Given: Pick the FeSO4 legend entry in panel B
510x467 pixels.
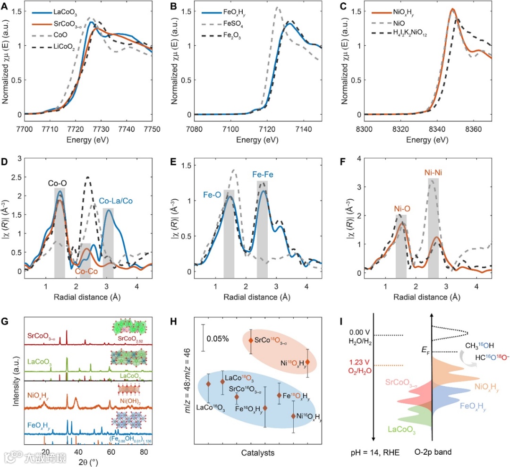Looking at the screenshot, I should point(229,23).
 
